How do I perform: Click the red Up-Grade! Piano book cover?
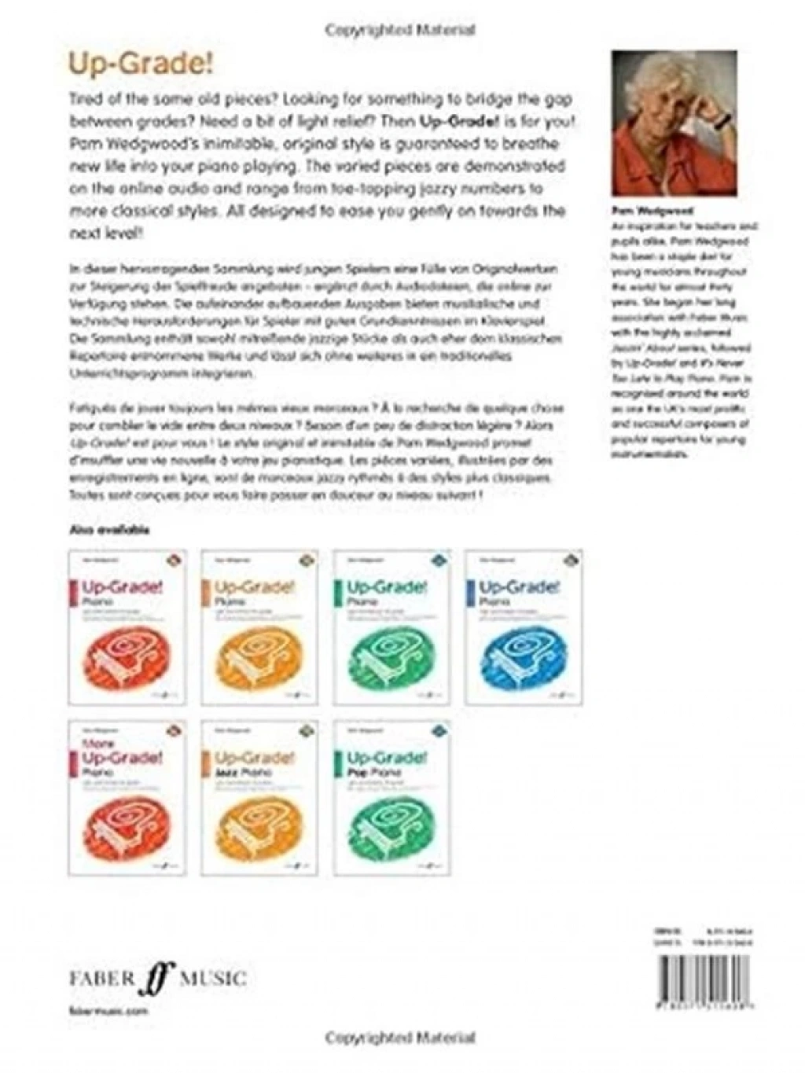[x=127, y=627]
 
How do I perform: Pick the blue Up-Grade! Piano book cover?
[x=524, y=627]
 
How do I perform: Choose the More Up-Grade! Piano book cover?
[x=127, y=797]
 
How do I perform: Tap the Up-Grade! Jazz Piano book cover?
[x=259, y=797]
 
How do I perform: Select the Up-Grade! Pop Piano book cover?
[x=391, y=797]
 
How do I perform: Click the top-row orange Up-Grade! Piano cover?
[x=259, y=627]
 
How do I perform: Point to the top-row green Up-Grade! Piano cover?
[x=391, y=627]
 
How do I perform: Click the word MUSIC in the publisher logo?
[x=213, y=979]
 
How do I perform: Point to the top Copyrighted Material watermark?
[x=400, y=30]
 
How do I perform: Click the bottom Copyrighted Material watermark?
[x=400, y=1038]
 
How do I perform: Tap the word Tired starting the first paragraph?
[x=87, y=100]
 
